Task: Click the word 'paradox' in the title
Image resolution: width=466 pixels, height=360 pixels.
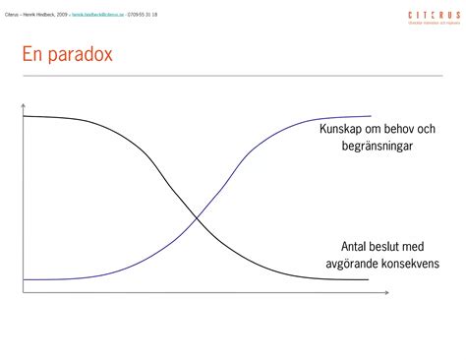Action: point(80,57)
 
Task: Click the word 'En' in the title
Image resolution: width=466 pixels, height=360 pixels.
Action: point(32,55)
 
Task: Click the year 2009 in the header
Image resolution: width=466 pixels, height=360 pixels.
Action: point(63,15)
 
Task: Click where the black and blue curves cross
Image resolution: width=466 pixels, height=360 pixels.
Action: point(197,216)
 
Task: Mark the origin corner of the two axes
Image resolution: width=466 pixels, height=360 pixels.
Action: point(22,292)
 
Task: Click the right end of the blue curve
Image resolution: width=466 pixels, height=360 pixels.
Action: point(371,116)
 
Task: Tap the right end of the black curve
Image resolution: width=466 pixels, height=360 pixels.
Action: point(368,279)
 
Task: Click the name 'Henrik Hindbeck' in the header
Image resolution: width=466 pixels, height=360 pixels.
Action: point(36,15)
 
